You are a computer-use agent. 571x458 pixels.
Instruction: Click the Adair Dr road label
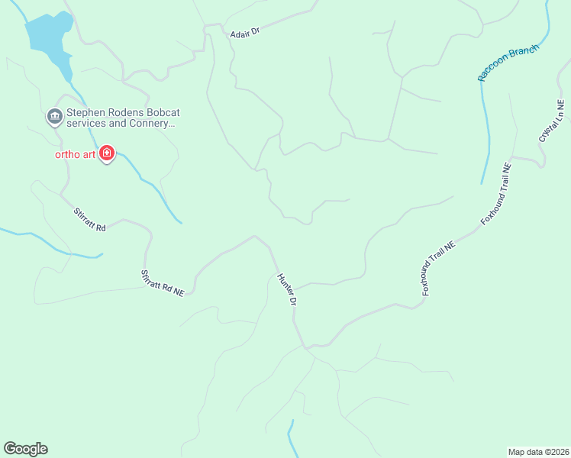tap(245, 33)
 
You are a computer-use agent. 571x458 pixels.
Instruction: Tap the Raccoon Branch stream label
tap(508, 63)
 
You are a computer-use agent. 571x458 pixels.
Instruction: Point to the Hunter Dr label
tap(287, 289)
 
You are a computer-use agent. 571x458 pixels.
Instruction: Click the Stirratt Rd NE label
tap(163, 282)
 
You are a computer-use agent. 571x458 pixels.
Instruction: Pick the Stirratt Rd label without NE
tap(89, 220)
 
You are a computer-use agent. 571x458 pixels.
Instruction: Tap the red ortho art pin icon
tap(107, 153)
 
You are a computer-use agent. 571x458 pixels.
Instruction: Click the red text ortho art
tap(75, 153)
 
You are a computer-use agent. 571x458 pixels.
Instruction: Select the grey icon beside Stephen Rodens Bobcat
tap(54, 117)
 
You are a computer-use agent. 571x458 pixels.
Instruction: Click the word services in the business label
tap(87, 123)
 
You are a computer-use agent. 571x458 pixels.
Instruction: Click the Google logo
tap(25, 449)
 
